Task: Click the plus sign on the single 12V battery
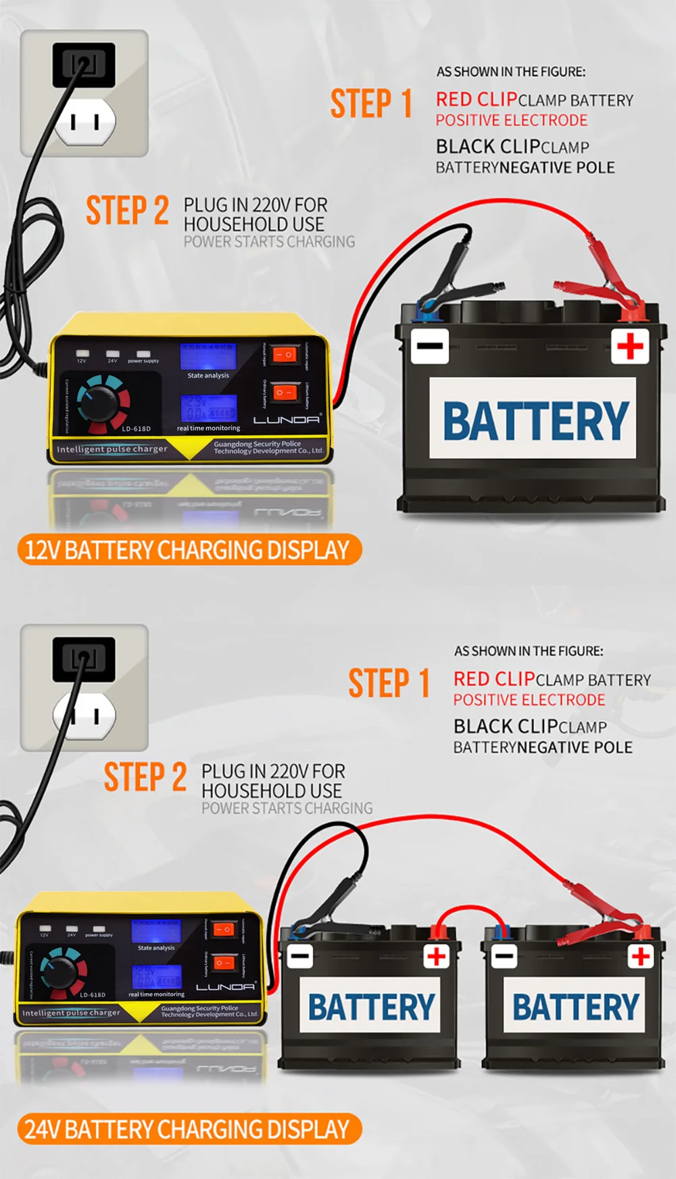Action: (x=630, y=347)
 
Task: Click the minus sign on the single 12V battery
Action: (x=429, y=346)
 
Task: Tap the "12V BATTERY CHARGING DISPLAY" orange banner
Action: (x=188, y=550)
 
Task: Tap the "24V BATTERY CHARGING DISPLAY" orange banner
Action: (x=188, y=1130)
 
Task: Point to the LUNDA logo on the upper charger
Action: (x=287, y=420)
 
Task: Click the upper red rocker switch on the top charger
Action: (x=285, y=354)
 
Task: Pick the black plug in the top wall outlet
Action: (x=84, y=64)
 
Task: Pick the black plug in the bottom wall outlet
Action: (x=84, y=658)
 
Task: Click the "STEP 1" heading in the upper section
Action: (x=371, y=103)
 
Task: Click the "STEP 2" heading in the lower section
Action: (x=145, y=777)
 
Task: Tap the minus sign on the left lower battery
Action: (x=300, y=956)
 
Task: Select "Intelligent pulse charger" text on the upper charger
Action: (x=112, y=449)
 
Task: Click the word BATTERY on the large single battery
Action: (x=535, y=420)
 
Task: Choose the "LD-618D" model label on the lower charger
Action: (x=93, y=994)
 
